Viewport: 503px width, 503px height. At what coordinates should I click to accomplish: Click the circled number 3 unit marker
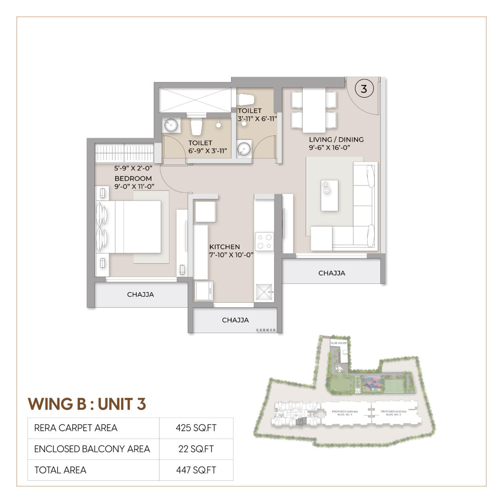click(363, 89)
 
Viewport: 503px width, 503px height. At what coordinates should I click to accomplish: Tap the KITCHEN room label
click(224, 247)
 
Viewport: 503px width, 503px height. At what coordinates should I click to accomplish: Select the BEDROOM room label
click(133, 178)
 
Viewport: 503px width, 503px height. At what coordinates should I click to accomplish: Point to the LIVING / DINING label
click(336, 140)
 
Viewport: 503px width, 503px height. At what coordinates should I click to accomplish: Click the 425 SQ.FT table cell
click(196, 428)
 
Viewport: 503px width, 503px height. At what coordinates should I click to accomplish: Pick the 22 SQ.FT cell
click(196, 449)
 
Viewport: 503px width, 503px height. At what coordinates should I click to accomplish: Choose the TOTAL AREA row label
click(60, 470)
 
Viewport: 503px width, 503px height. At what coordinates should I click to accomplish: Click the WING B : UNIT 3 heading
click(87, 404)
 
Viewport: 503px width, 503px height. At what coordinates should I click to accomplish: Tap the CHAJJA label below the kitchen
click(235, 320)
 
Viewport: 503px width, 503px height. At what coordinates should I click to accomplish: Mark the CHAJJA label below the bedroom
click(140, 294)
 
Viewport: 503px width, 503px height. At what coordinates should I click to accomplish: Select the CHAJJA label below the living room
click(332, 273)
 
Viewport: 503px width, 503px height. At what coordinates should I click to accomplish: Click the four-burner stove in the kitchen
click(264, 241)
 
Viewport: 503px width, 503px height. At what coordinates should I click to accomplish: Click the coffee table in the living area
click(329, 195)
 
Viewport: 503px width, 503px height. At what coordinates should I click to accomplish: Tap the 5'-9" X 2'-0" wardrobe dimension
click(133, 168)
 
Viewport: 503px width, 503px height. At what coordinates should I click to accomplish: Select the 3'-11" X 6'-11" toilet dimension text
click(257, 119)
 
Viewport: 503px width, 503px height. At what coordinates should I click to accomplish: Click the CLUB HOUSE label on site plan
click(338, 343)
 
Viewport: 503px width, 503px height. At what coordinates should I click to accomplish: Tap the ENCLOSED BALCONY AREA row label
click(92, 449)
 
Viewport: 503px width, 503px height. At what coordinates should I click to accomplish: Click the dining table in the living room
click(314, 110)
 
